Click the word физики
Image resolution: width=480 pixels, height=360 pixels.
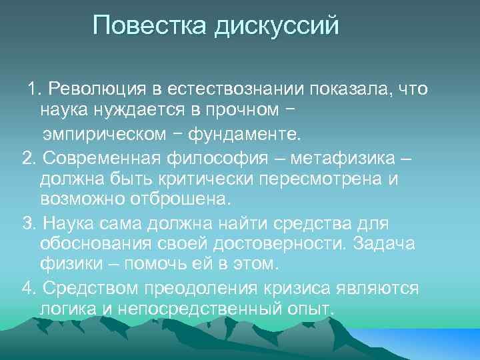point(67,263)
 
